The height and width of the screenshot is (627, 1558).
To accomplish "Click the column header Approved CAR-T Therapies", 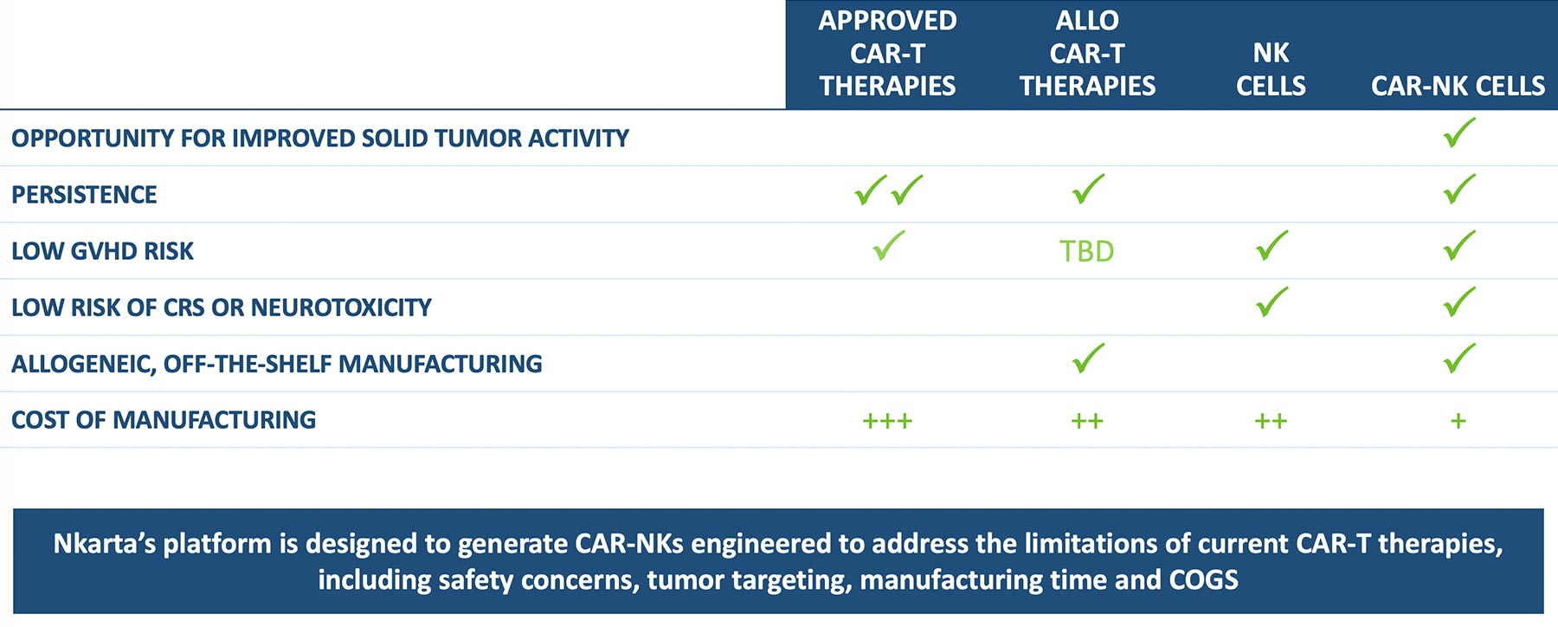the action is point(887,53).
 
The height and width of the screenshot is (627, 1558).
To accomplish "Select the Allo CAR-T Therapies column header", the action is point(1087,53).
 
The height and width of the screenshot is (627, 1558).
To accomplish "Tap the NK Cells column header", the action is point(1271,69).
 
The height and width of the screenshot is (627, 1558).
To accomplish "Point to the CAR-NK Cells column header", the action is point(1458,86).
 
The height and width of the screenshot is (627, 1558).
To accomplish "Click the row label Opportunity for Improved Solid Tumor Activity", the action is point(320,139).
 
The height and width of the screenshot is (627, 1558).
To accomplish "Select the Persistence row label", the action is point(84,195).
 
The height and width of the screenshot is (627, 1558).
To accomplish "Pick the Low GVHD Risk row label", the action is point(102,251).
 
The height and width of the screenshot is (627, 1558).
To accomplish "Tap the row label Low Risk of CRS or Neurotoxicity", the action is point(222,307).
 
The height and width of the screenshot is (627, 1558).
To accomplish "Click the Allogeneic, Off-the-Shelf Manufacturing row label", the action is point(277,364).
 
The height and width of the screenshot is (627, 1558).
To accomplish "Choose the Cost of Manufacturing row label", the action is point(164,420).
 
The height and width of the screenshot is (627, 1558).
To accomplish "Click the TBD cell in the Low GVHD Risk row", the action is point(1087,251).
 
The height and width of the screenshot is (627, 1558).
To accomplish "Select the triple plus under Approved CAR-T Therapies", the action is point(887,422).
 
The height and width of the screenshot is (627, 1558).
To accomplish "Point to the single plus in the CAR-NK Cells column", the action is point(1458,422).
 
